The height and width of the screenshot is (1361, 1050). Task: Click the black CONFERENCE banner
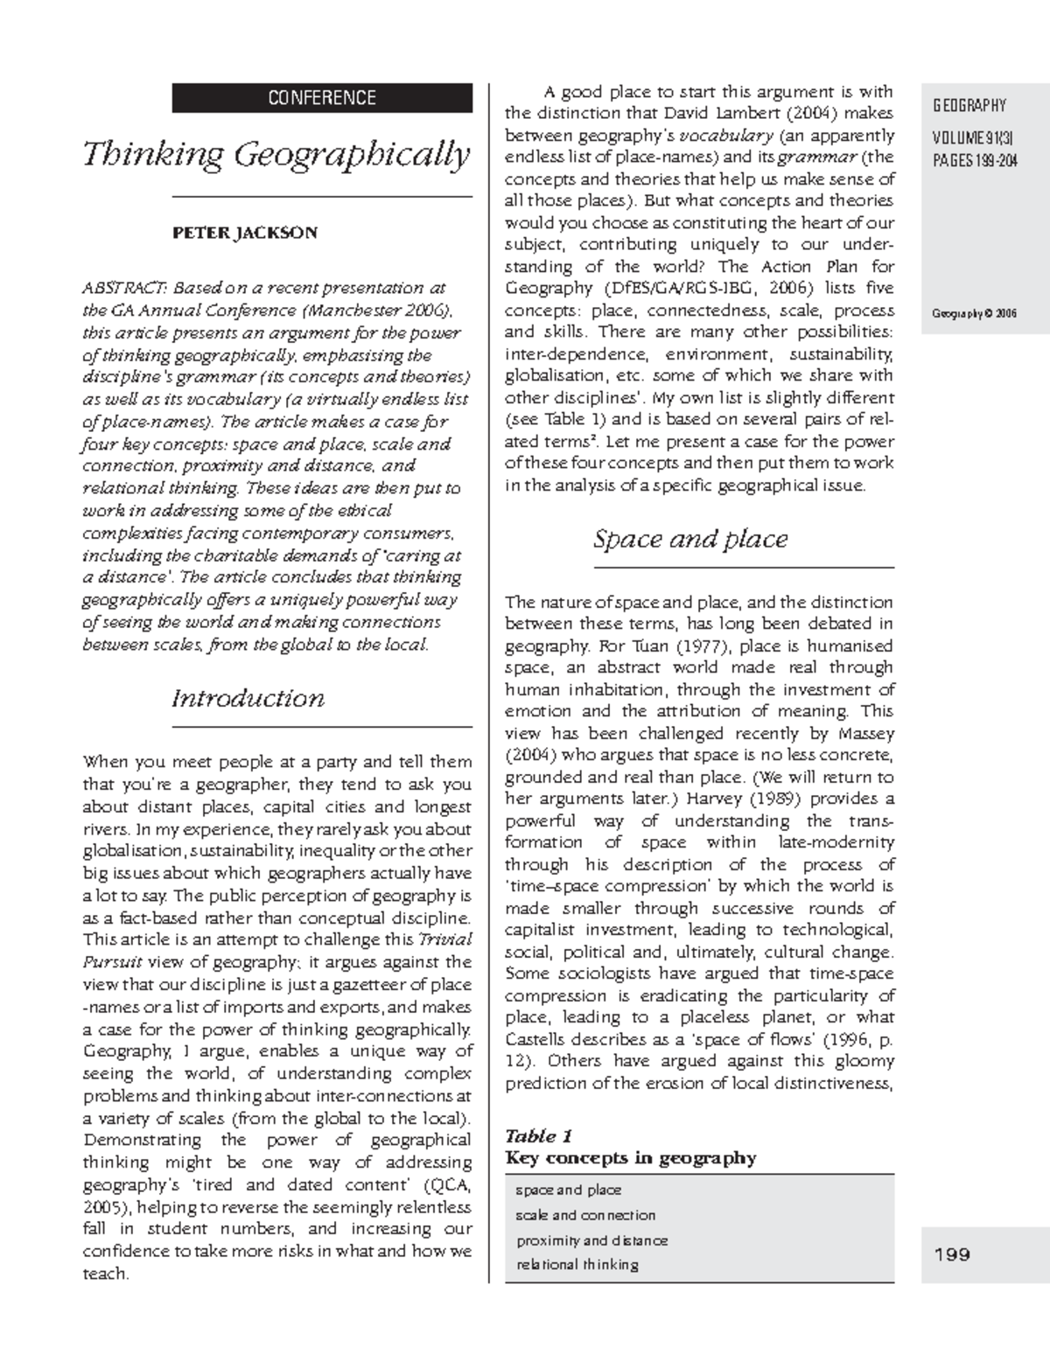pyautogui.click(x=321, y=98)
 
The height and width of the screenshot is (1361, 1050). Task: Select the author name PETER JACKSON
pyautogui.click(x=244, y=233)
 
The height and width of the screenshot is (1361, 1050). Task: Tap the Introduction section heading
pyautogui.click(x=248, y=698)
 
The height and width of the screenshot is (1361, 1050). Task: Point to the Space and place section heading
pyautogui.click(x=690, y=539)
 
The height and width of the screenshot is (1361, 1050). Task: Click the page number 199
pyautogui.click(x=952, y=1254)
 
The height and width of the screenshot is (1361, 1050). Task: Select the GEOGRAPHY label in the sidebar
pyautogui.click(x=969, y=106)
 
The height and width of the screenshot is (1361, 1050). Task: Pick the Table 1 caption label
pyautogui.click(x=538, y=1136)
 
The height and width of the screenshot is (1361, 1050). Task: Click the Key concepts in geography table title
pyautogui.click(x=631, y=1158)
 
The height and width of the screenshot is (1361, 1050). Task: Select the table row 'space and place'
pyautogui.click(x=569, y=1190)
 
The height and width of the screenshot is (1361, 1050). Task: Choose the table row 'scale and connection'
pyautogui.click(x=585, y=1215)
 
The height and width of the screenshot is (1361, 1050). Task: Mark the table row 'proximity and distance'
pyautogui.click(x=591, y=1240)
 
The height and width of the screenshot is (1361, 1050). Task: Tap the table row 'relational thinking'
pyautogui.click(x=577, y=1264)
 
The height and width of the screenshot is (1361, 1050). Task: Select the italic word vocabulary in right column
pyautogui.click(x=725, y=136)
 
